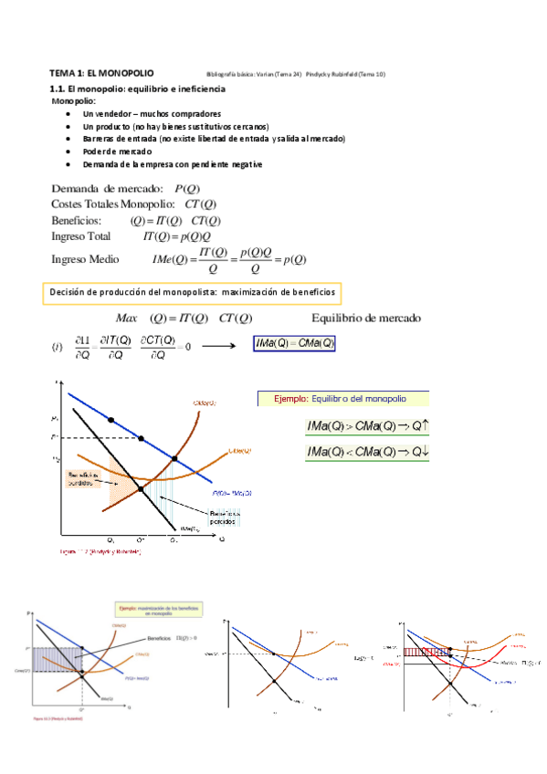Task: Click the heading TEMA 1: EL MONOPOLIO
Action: (x=101, y=72)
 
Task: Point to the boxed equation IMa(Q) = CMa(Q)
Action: (x=295, y=344)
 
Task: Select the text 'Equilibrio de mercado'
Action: (x=366, y=319)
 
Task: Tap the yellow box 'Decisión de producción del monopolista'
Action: (x=194, y=293)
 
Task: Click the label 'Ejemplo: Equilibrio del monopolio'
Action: (x=345, y=399)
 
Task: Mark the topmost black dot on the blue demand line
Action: (x=111, y=420)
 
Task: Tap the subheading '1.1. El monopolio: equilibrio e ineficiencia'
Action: (x=135, y=89)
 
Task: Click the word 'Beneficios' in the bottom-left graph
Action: (x=159, y=637)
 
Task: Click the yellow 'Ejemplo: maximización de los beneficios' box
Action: (x=159, y=610)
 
